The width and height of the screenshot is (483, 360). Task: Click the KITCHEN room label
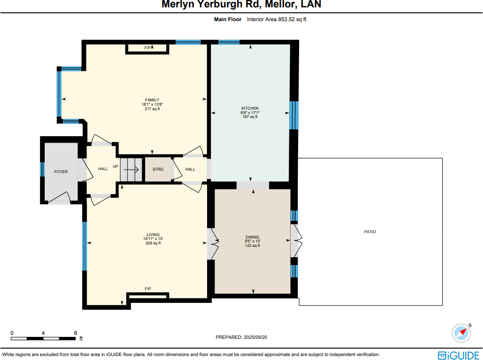tap(250, 108)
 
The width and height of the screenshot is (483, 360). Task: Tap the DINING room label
tap(252, 237)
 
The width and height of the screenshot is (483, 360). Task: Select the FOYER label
tap(61, 172)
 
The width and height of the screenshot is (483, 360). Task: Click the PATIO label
tap(370, 232)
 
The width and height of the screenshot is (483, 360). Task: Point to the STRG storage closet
tap(158, 169)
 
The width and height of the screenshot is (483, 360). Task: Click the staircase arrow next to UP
tap(131, 169)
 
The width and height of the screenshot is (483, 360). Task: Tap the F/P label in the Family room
tap(148, 48)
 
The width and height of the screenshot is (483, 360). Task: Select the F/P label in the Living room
tap(148, 289)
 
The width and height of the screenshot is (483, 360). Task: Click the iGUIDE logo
tap(458, 355)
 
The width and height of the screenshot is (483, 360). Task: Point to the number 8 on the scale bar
tap(75, 333)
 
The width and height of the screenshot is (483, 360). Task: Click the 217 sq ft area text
tap(152, 109)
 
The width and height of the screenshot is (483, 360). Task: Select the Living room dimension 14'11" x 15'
tap(153, 239)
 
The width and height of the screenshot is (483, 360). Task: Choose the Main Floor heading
tap(228, 20)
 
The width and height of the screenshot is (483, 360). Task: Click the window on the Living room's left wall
tap(85, 246)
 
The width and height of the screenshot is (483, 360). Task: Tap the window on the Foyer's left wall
tap(42, 169)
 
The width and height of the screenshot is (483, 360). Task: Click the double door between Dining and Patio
tap(295, 240)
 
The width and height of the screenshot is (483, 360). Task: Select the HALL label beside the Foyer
tap(103, 169)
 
